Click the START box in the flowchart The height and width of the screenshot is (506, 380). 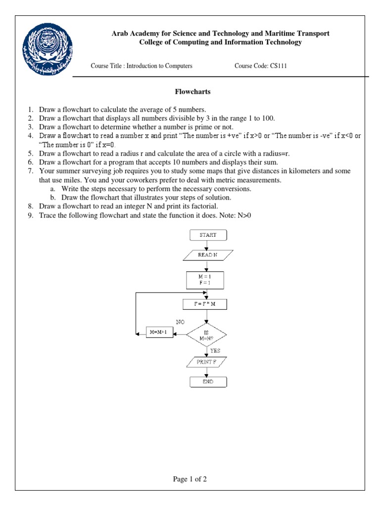click(208, 235)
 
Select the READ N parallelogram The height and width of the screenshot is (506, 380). click(208, 255)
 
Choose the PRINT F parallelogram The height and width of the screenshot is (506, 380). click(208, 362)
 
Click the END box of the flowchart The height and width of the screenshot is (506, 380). click(208, 381)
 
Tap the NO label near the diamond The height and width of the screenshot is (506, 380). click(180, 322)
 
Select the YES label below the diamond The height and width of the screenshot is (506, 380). click(216, 350)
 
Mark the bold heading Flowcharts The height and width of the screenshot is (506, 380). click(193, 91)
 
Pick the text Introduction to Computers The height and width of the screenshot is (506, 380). click(159, 66)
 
